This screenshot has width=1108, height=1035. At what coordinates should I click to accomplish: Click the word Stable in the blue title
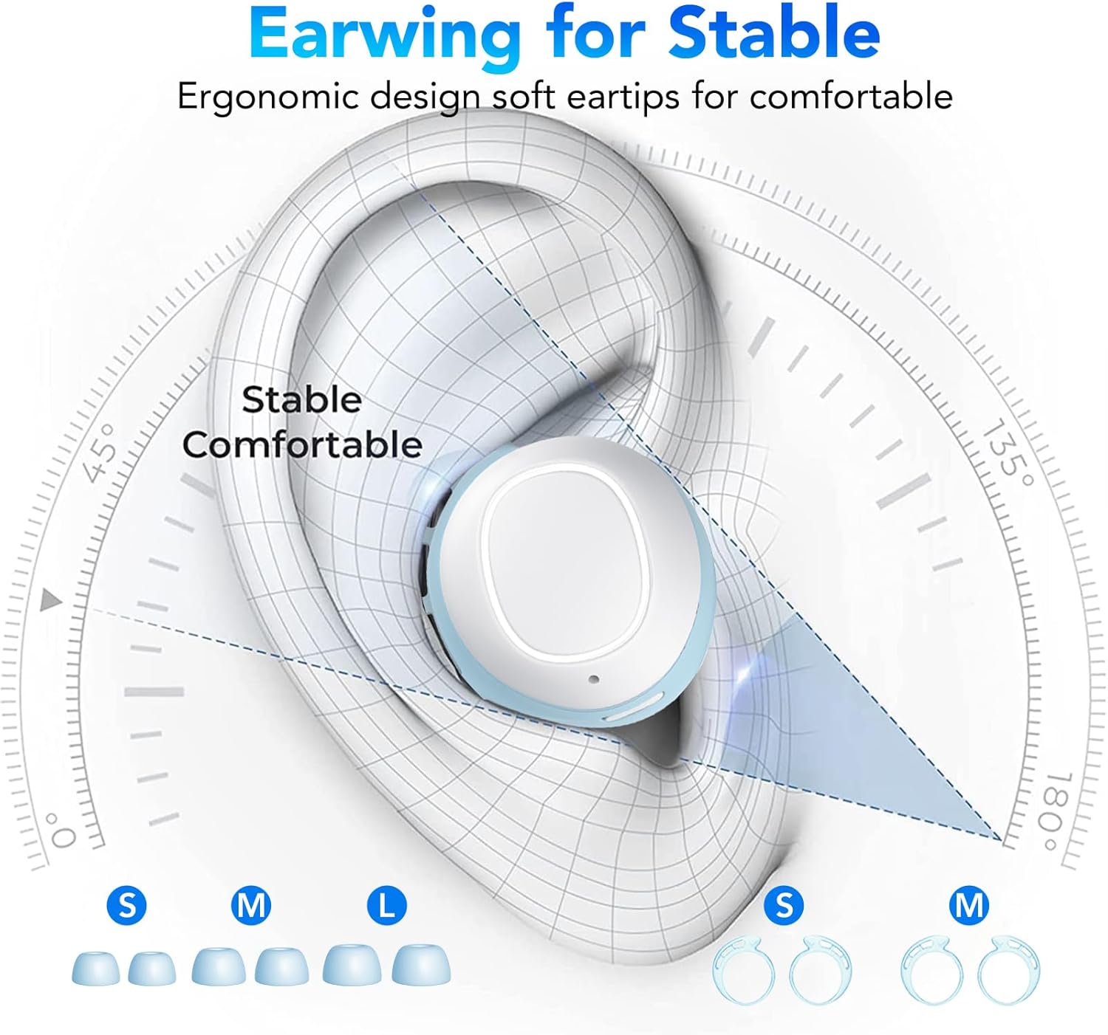pyautogui.click(x=774, y=32)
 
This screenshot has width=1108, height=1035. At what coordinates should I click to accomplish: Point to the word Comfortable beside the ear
pyautogui.click(x=302, y=445)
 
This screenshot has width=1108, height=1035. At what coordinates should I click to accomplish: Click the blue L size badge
pyautogui.click(x=386, y=907)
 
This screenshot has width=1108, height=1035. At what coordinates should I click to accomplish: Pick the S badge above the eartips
pyautogui.click(x=126, y=907)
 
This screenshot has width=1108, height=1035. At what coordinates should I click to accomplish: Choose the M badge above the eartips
pyautogui.click(x=251, y=907)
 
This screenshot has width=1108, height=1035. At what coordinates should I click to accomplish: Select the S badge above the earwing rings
pyautogui.click(x=784, y=907)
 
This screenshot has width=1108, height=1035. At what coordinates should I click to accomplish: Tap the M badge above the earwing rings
pyautogui.click(x=969, y=907)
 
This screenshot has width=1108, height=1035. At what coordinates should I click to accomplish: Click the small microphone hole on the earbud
pyautogui.click(x=594, y=679)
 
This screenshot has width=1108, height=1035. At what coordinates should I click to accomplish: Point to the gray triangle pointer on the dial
pyautogui.click(x=51, y=600)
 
